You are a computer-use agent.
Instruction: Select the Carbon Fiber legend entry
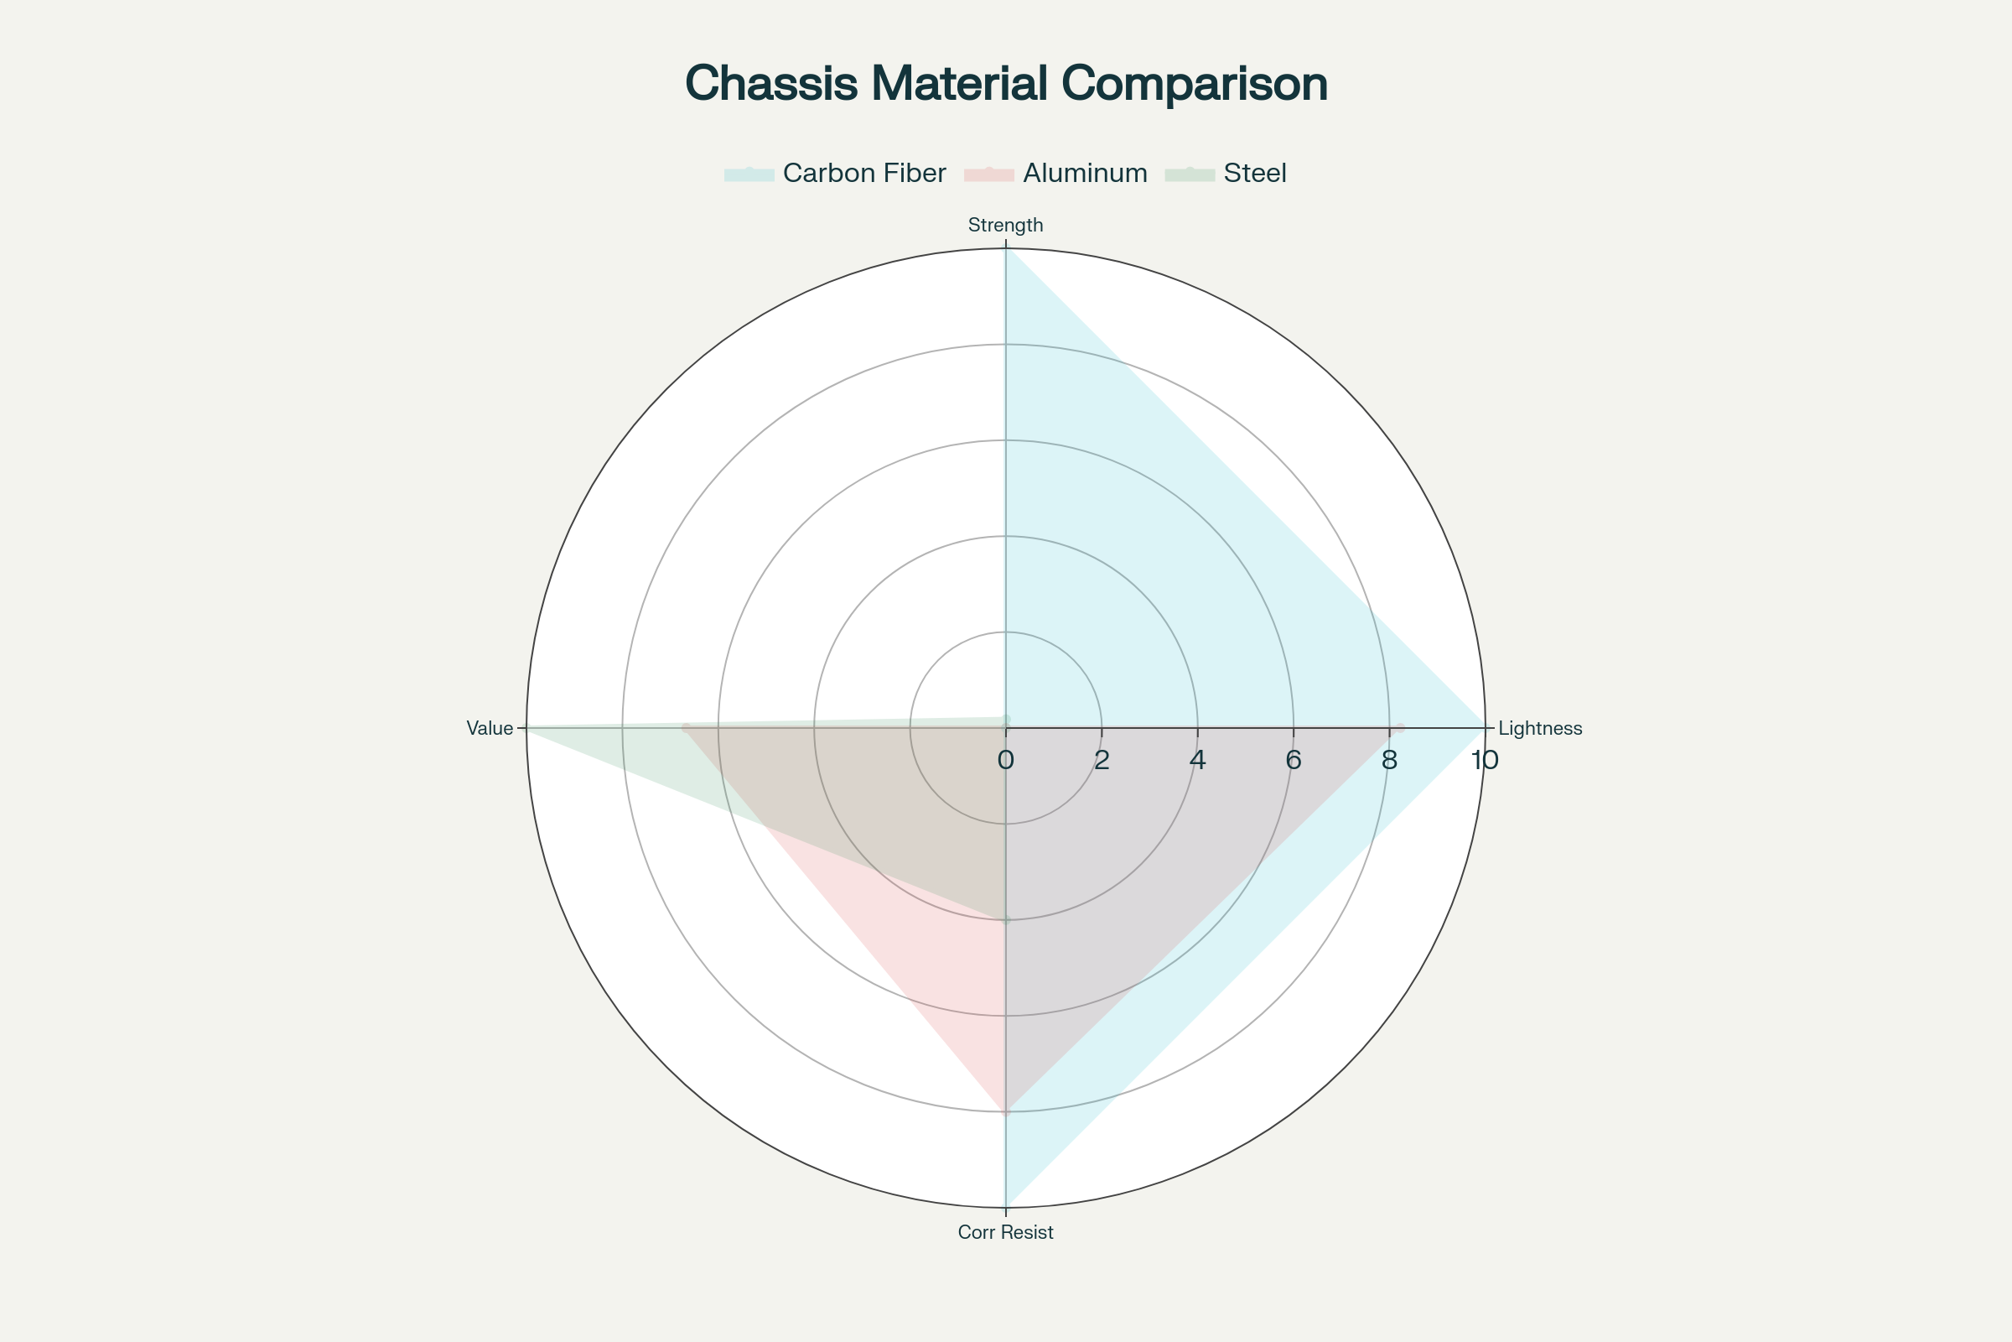(x=864, y=174)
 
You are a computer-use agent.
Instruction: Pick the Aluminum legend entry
(x=1085, y=174)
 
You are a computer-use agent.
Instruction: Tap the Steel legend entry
(x=1254, y=174)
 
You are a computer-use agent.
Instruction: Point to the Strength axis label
(x=1005, y=225)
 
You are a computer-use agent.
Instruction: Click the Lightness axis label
(x=1540, y=728)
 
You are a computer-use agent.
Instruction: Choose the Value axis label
(x=490, y=728)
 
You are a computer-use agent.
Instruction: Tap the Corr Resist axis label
(x=1005, y=1232)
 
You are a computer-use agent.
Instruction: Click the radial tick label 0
(x=1005, y=760)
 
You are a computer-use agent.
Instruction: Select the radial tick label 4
(x=1197, y=760)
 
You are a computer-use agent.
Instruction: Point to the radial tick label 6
(x=1293, y=760)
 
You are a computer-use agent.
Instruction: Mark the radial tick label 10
(x=1484, y=760)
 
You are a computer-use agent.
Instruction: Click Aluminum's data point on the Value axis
(x=686, y=727)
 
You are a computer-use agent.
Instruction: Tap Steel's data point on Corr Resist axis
(x=1006, y=920)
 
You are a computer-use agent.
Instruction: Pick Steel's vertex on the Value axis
(x=527, y=727)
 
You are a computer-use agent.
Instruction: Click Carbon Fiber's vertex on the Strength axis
(x=1006, y=248)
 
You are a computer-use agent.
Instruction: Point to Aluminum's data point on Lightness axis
(x=1399, y=727)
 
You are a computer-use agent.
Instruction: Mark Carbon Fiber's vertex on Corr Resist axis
(x=1006, y=1207)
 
